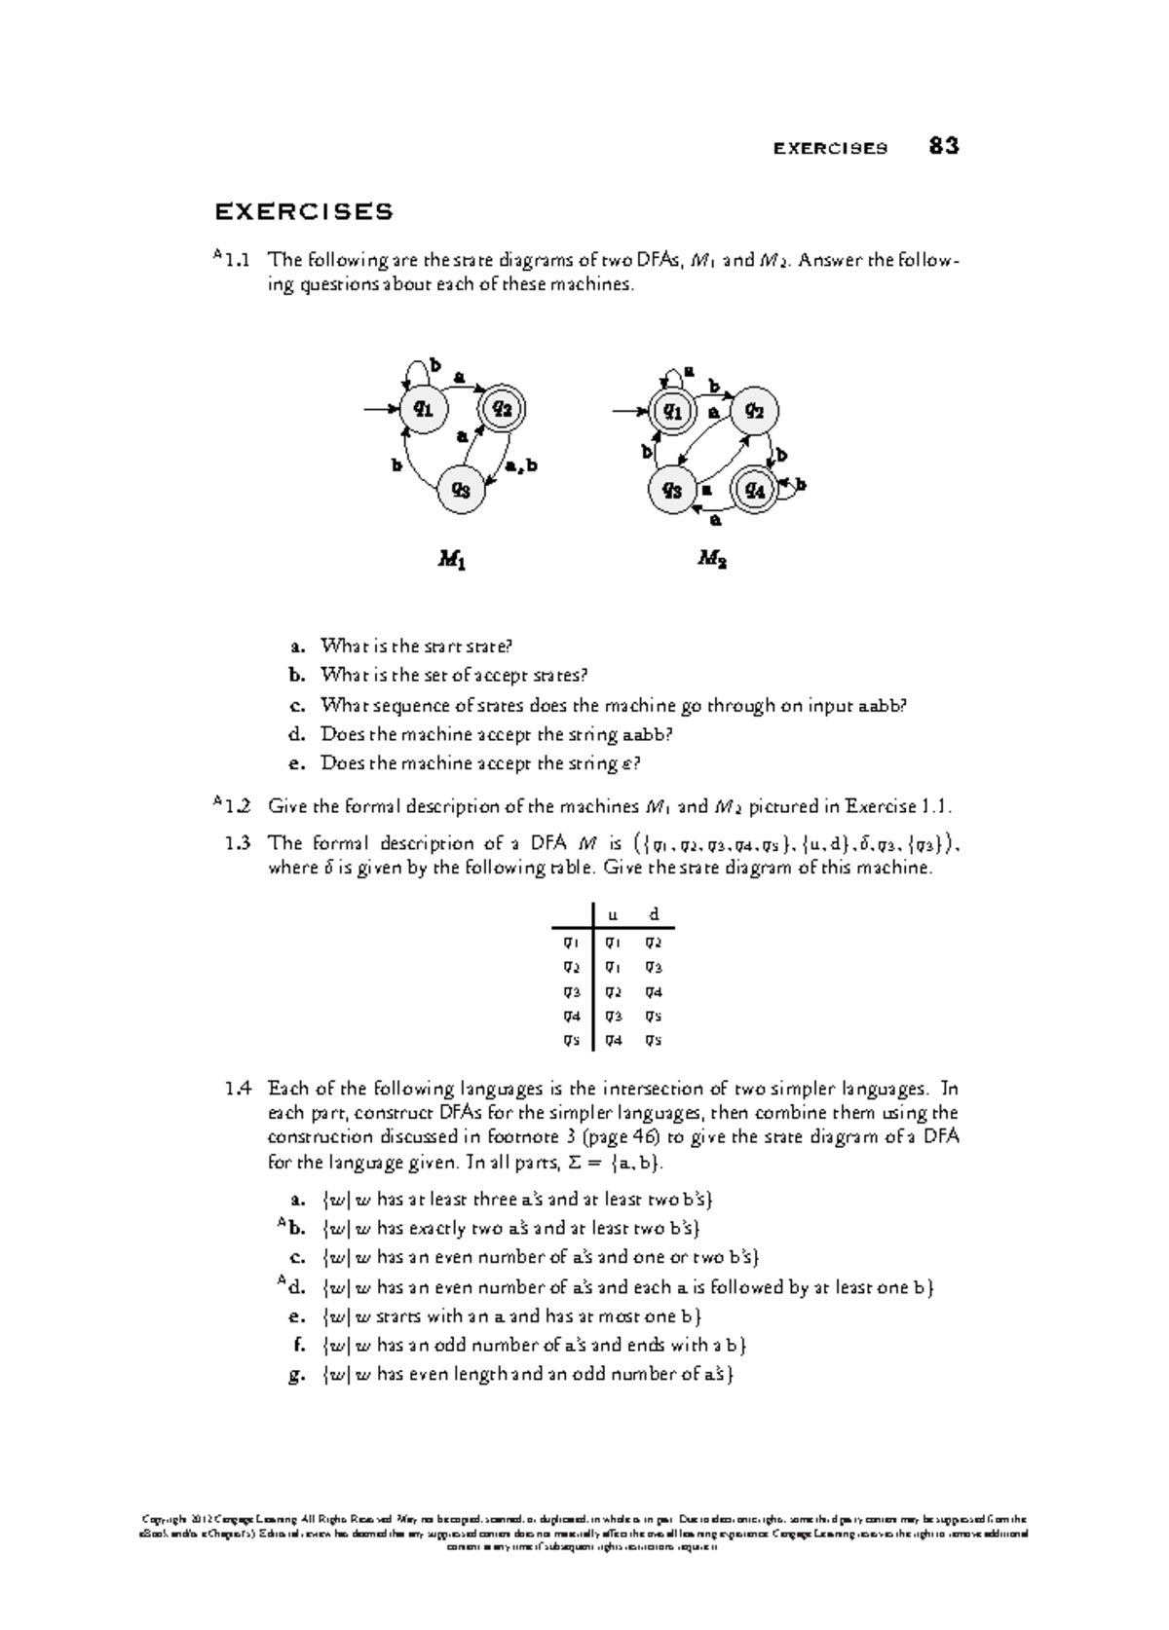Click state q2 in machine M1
pos(503,408)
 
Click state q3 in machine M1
pos(461,489)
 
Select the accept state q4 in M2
pos(755,489)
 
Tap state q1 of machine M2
pos(672,411)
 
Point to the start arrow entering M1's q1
pos(380,409)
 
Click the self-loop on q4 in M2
pos(796,485)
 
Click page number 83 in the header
pos(943,147)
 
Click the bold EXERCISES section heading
pos(304,211)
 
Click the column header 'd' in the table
pos(655,913)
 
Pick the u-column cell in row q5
pos(613,1040)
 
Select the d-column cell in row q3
pos(654,991)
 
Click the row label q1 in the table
pos(571,942)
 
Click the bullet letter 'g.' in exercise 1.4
pos(297,1375)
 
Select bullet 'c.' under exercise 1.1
pos(297,705)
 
